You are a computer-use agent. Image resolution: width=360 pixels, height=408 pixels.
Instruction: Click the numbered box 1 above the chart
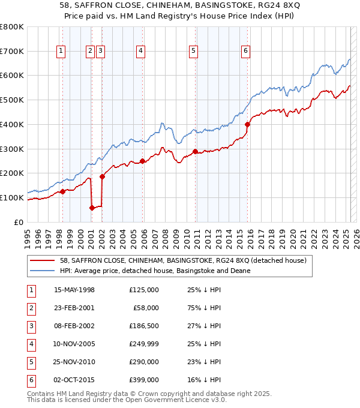pyautogui.click(x=62, y=52)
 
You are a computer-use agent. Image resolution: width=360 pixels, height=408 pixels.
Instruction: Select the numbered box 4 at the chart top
pyautogui.click(x=140, y=52)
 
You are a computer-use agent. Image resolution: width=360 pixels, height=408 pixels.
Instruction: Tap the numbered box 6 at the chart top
pyautogui.click(x=246, y=52)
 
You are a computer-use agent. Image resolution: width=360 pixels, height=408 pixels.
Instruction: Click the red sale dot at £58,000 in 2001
pyautogui.click(x=92, y=208)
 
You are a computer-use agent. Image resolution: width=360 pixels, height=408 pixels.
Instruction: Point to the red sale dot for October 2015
pyautogui.click(x=247, y=125)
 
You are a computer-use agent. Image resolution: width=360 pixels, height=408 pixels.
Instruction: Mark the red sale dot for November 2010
pyautogui.click(x=196, y=151)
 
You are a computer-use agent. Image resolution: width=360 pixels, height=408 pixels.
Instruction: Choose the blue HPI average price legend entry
pyautogui.click(x=154, y=271)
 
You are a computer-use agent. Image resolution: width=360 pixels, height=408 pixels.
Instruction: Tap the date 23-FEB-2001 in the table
pyautogui.click(x=74, y=308)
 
